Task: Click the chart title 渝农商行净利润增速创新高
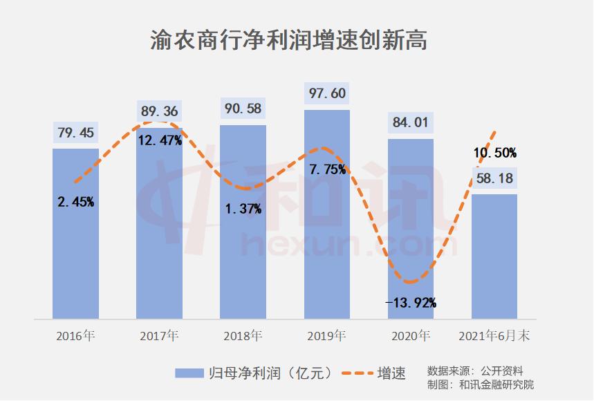coord(288,39)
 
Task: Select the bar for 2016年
coord(75,235)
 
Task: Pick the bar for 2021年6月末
coord(494,256)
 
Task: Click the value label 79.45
coord(75,133)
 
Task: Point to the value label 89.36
coord(159,111)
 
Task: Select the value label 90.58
coord(243,109)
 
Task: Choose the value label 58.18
coord(494,179)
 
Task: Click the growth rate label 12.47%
coord(160,141)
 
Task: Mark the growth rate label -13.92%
coord(411,302)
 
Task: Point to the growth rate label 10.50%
coord(494,153)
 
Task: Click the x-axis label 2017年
coord(159,337)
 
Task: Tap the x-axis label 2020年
coord(410,337)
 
